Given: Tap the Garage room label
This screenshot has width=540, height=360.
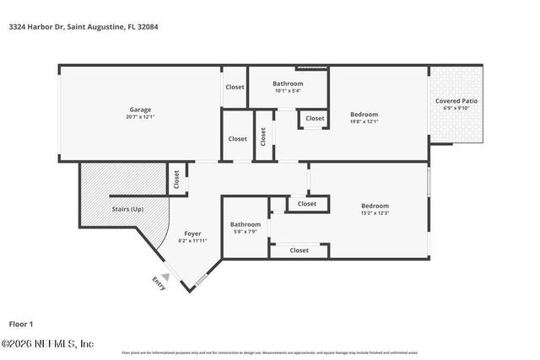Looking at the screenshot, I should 140,110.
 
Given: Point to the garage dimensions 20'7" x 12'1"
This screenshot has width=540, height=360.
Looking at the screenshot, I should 140,117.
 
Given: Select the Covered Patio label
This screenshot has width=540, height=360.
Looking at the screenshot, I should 456,101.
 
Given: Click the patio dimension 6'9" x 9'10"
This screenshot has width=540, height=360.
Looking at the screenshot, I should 456,109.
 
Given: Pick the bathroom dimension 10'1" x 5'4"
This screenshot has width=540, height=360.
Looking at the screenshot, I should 288,91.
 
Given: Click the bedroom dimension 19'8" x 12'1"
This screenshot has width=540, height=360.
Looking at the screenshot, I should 364,121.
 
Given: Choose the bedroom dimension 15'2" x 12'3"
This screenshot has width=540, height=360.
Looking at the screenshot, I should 375,213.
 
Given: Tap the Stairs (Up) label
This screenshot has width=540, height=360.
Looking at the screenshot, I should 127,209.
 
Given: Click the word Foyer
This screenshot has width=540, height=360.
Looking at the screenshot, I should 193,234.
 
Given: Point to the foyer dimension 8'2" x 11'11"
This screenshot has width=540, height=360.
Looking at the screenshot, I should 193,241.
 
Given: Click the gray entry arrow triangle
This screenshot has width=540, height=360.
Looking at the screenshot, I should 166,276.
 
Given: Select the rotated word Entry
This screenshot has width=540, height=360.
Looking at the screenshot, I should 158,283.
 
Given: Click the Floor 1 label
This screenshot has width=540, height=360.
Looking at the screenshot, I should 21,324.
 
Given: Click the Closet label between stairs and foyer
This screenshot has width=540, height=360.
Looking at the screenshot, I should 177,179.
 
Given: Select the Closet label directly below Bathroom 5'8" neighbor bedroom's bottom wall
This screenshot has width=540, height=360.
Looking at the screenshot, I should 299,250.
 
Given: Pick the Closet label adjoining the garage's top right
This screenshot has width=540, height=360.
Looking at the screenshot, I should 235,87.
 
